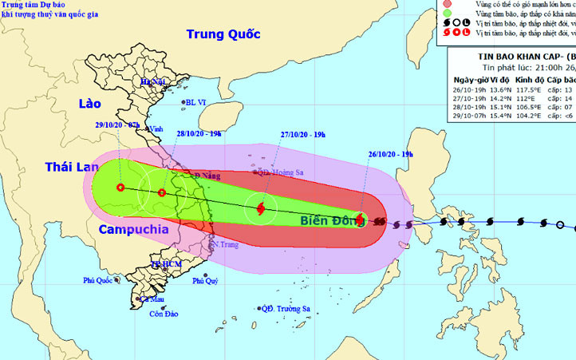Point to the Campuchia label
point(134,229)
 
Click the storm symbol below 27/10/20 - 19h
point(261,209)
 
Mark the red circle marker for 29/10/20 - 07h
point(120,188)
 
